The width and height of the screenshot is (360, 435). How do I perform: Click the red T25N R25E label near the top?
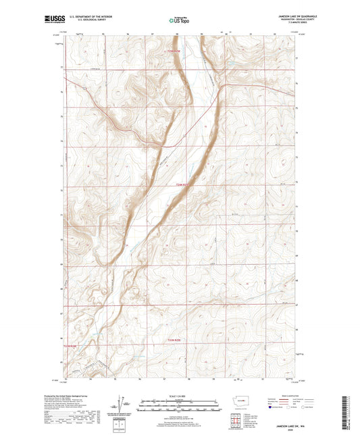(x=176, y=52)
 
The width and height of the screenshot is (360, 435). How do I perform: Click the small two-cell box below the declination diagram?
(x=126, y=419)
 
